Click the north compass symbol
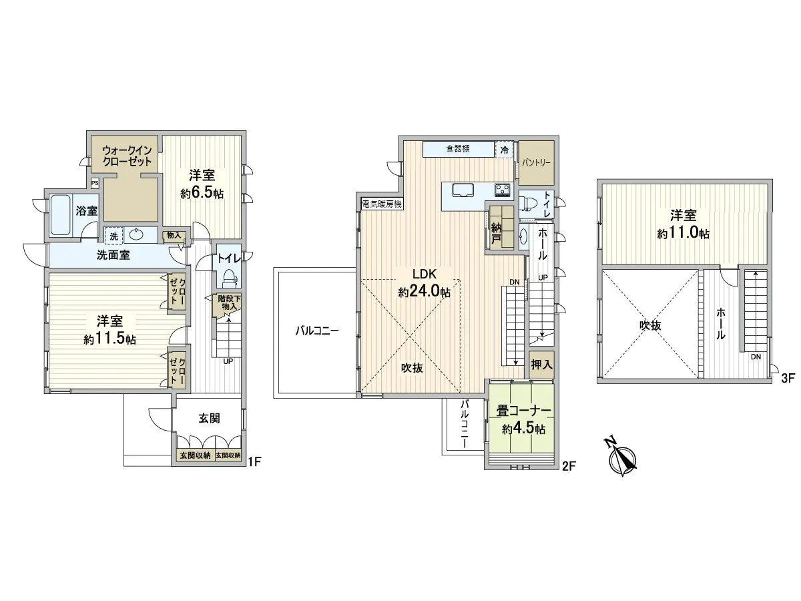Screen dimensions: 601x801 [621, 457]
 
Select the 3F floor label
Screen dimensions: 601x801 [788, 378]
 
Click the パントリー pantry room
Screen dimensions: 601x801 [536, 163]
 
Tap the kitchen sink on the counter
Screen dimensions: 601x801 [463, 190]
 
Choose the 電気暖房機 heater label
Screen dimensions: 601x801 [381, 204]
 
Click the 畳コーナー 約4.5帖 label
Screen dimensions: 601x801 [522, 419]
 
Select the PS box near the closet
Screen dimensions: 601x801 [95, 182]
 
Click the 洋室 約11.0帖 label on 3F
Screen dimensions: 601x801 [683, 224]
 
